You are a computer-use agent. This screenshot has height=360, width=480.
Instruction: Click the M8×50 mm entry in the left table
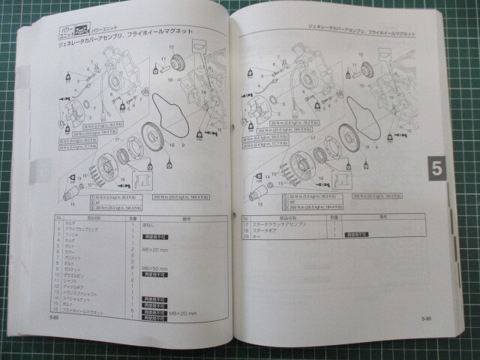click(x=155, y=267)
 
